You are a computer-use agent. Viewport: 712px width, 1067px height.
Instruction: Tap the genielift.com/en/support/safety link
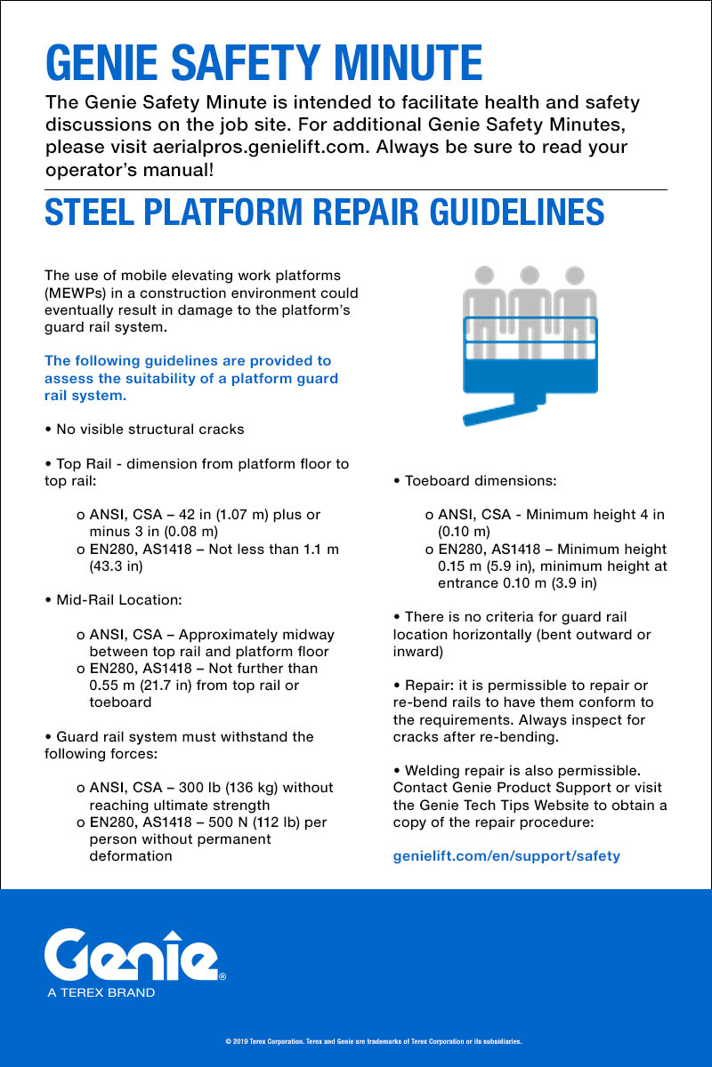pyautogui.click(x=506, y=856)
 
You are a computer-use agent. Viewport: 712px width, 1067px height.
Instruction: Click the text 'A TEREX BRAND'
pyautogui.click(x=101, y=992)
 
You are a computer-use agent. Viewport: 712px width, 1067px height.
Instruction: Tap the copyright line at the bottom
pyautogui.click(x=374, y=1040)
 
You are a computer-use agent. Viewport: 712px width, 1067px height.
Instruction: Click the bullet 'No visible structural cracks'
pyautogui.click(x=149, y=429)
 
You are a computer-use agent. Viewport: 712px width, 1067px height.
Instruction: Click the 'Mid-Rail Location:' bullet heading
pyautogui.click(x=118, y=600)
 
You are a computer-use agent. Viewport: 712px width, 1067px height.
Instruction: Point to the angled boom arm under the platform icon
pyautogui.click(x=498, y=411)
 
